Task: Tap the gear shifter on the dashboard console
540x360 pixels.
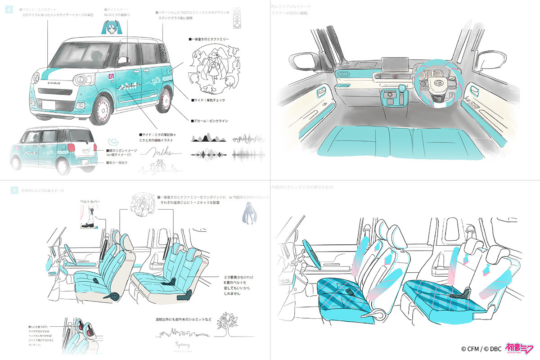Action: [x=400, y=92]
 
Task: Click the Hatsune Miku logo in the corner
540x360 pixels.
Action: [x=520, y=348]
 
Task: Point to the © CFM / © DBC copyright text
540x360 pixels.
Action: [x=481, y=348]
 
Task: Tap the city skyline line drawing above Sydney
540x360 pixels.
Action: [x=182, y=333]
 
